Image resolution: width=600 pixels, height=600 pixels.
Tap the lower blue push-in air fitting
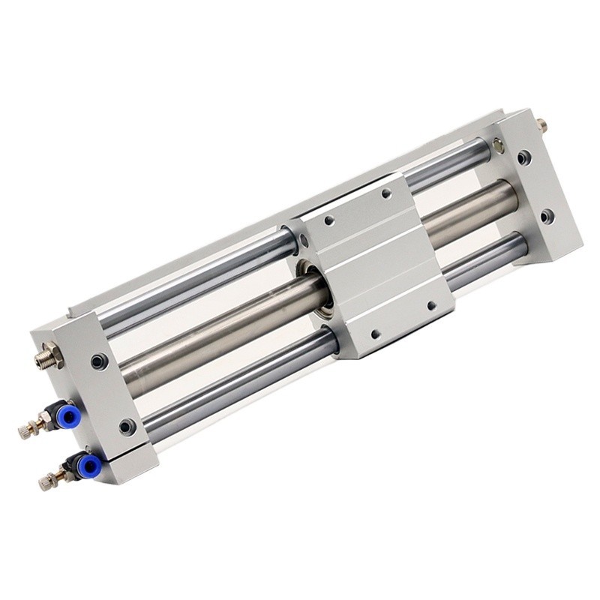[x=88, y=466]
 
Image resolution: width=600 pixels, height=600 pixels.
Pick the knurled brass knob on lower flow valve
[x=47, y=481]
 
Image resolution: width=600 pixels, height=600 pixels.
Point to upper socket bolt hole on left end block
[x=100, y=362]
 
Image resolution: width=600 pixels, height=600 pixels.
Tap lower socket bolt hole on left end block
[x=127, y=427]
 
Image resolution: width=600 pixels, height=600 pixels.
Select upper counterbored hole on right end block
[x=524, y=157]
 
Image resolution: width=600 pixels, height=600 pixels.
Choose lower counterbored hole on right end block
[x=547, y=217]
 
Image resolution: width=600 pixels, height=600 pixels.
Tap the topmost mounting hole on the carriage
[x=386, y=193]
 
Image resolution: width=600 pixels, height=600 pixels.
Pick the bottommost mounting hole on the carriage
[x=375, y=334]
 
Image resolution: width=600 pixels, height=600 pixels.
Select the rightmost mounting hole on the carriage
[x=431, y=305]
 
